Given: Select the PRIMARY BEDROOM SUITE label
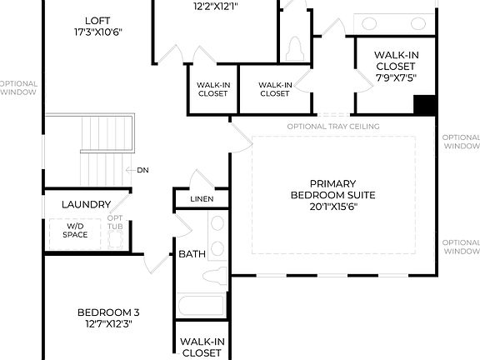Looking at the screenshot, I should point(333,189).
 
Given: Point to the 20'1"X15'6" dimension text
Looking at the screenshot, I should point(333,207).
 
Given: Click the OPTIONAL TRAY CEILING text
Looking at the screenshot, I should point(333,127).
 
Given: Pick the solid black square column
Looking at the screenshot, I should point(425,106).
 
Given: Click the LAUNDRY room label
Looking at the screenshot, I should point(86,204).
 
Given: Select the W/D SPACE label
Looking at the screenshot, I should point(75,230).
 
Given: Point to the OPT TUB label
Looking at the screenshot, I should point(115,223).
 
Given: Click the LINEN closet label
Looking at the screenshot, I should point(202,199).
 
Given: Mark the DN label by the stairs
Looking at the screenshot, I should point(142,169).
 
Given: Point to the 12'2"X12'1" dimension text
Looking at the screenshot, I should point(216,6).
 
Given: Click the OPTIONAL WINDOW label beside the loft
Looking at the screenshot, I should point(17,88).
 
